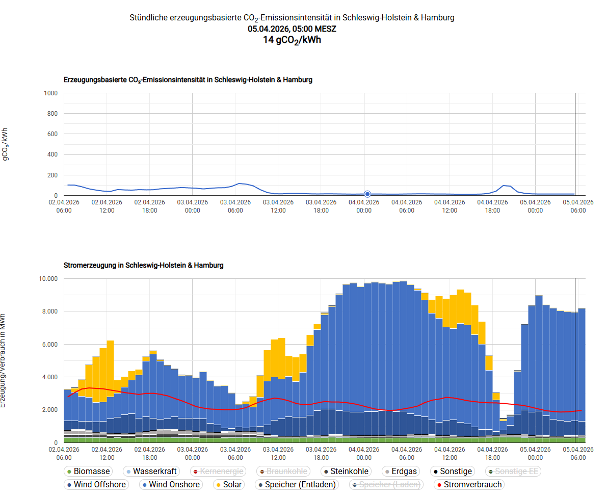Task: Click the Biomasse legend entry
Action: pyautogui.click(x=87, y=472)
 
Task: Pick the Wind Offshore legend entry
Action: pyautogui.click(x=95, y=485)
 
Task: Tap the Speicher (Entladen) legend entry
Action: pyautogui.click(x=296, y=485)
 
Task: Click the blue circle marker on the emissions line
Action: pyautogui.click(x=367, y=194)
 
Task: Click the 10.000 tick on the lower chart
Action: pyautogui.click(x=49, y=279)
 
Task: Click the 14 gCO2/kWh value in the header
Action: pyautogui.click(x=292, y=40)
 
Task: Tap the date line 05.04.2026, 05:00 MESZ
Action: pyautogui.click(x=292, y=29)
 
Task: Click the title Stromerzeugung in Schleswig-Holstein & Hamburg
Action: pyautogui.click(x=143, y=266)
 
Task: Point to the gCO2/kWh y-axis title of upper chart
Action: pyautogui.click(x=6, y=144)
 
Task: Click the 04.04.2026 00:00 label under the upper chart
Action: pyautogui.click(x=363, y=206)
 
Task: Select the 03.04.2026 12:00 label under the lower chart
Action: pyautogui.click(x=278, y=453)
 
